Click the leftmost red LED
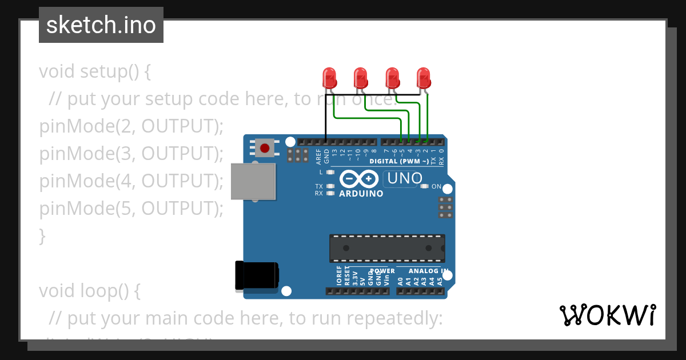click(x=329, y=78)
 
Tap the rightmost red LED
click(x=423, y=78)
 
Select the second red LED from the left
click(x=360, y=78)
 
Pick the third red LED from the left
click(x=392, y=78)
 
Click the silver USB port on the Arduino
click(x=253, y=181)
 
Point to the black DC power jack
click(x=257, y=275)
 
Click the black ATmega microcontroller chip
click(x=386, y=248)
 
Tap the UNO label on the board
click(x=404, y=179)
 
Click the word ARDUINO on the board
click(x=361, y=194)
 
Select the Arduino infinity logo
click(x=359, y=179)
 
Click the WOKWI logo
click(x=608, y=315)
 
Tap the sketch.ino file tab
click(x=101, y=25)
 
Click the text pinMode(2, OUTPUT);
click(x=131, y=126)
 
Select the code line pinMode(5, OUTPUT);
click(x=131, y=209)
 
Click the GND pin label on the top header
click(x=326, y=154)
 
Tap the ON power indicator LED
click(x=424, y=186)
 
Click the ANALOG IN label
click(x=428, y=271)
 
